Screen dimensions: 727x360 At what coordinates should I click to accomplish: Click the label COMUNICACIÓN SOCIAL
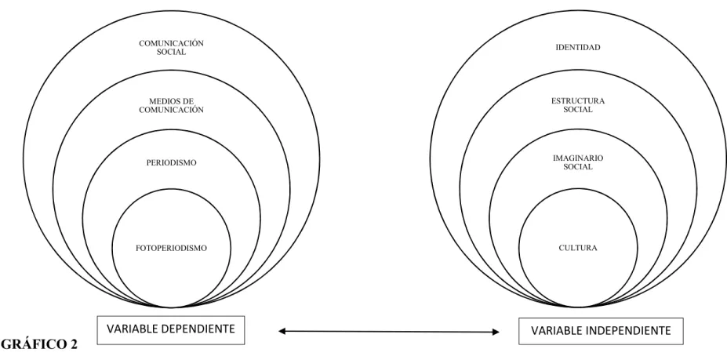tap(171, 48)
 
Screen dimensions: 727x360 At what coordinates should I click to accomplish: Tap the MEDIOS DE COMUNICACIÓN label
tap(171, 106)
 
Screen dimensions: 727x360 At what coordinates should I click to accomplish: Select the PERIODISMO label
tap(171, 163)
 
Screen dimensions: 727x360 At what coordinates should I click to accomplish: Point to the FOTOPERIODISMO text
tap(171, 248)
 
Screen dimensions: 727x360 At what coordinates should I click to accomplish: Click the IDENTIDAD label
tap(578, 47)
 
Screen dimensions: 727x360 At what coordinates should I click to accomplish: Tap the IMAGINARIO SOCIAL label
tap(578, 163)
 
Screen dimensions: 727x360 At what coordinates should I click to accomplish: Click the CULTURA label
tap(578, 248)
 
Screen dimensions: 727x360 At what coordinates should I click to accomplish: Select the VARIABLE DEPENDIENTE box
tap(171, 330)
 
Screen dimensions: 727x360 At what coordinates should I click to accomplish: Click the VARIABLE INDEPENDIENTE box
tap(601, 331)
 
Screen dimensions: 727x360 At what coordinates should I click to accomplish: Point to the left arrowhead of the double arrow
tap(282, 331)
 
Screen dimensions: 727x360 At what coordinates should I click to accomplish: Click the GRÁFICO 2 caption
tap(39, 344)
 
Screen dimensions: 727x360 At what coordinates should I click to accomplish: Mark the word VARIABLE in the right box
tap(554, 331)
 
